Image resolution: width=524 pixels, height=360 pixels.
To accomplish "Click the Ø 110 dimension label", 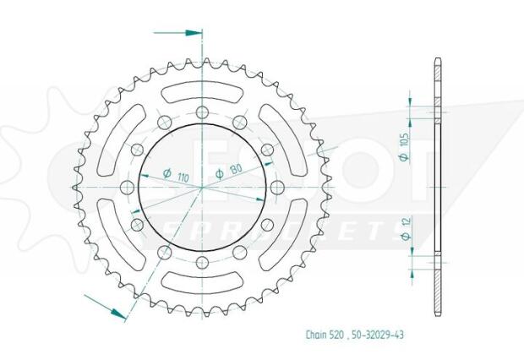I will coord(177,177).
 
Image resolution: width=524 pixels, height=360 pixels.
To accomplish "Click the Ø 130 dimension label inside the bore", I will coord(229,172).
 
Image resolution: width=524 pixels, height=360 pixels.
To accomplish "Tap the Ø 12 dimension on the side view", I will coord(405,229).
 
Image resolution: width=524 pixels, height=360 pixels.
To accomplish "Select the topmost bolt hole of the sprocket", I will coord(201,114).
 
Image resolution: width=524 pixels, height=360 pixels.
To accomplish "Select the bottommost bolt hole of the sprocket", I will coord(201,263).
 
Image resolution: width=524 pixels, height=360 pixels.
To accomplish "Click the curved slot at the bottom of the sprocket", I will coord(201,289).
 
